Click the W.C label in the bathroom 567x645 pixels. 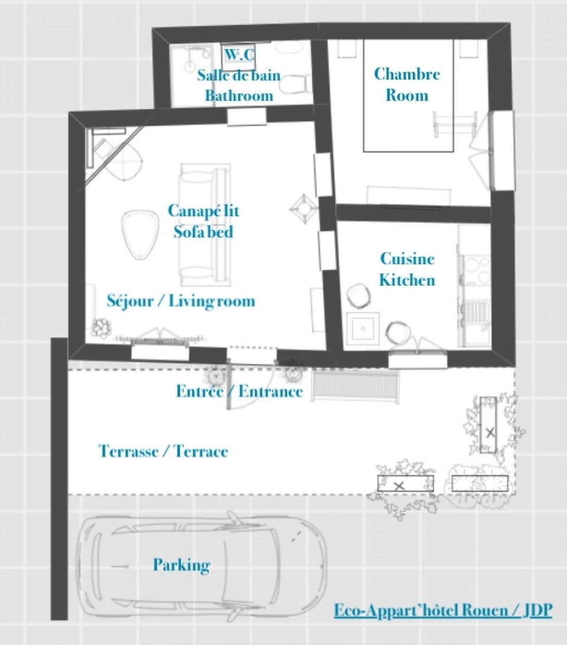click(x=240, y=56)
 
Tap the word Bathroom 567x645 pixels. click(x=239, y=96)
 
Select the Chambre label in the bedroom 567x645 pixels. click(x=407, y=74)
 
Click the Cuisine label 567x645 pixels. click(x=407, y=259)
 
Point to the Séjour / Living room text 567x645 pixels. click(x=181, y=301)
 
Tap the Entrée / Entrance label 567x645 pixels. click(x=239, y=391)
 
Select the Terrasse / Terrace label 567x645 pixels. click(x=163, y=452)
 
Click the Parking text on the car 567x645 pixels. click(x=181, y=565)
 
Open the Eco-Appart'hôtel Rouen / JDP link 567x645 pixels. click(x=443, y=610)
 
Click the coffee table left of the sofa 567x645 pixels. click(x=141, y=233)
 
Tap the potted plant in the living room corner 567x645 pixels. click(x=100, y=328)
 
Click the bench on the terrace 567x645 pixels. click(x=356, y=385)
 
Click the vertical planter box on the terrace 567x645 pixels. click(x=488, y=424)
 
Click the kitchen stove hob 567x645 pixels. click(x=475, y=270)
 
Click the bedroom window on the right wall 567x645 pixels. click(x=503, y=151)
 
